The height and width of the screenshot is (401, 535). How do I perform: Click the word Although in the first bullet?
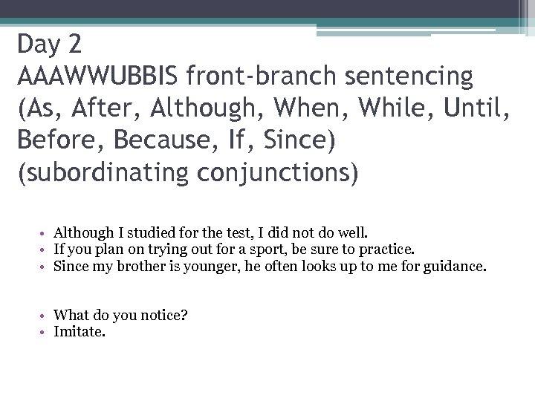tap(83, 232)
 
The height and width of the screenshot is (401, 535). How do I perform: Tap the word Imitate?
tap(80, 331)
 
